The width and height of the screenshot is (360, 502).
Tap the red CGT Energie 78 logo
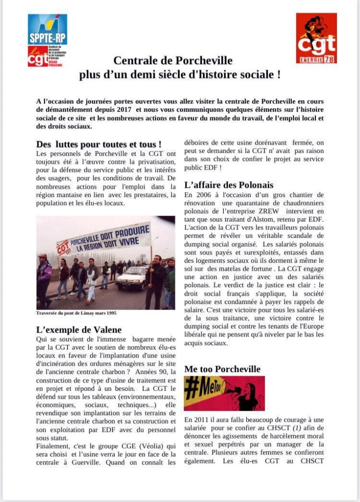316,38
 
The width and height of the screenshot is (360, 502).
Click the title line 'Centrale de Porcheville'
173,61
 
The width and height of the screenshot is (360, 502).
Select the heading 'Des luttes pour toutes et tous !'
99,145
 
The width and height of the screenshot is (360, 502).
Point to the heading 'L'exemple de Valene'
79,329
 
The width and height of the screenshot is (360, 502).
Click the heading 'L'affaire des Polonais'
229,185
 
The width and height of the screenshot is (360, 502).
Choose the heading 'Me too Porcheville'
222,369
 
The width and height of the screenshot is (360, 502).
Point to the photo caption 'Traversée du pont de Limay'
77,313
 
